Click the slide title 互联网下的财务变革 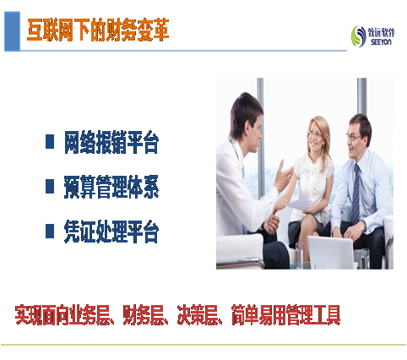(x=98, y=30)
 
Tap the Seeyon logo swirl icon (x=358, y=36)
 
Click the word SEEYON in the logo (x=381, y=42)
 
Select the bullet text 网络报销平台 (x=111, y=142)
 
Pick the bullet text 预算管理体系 (x=111, y=187)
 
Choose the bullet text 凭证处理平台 (x=111, y=232)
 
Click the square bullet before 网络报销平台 (x=50, y=142)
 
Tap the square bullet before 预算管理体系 (x=50, y=186)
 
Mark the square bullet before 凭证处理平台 (x=50, y=231)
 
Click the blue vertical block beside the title (x=12, y=31)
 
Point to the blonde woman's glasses (x=315, y=134)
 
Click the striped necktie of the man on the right (x=355, y=194)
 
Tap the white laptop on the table (x=332, y=253)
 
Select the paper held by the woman (x=300, y=204)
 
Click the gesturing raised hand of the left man (x=284, y=177)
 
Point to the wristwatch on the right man (x=364, y=225)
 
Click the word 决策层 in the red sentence (x=198, y=315)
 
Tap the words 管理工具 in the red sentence (x=313, y=315)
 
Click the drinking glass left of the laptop (x=299, y=255)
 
